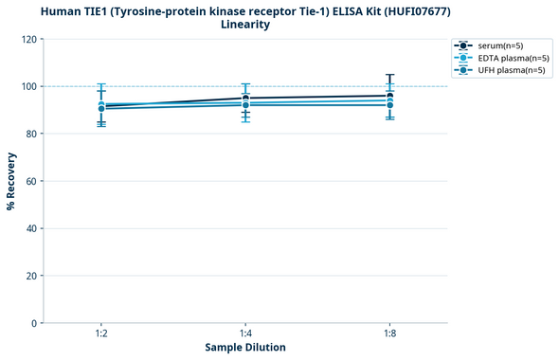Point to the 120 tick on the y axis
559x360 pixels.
tap(29, 39)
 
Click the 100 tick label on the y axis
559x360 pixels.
tap(29, 86)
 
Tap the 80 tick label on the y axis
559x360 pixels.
tap(31, 134)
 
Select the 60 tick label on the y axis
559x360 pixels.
tap(31, 181)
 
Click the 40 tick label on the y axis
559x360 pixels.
tap(31, 228)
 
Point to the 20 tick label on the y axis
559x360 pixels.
tap(31, 276)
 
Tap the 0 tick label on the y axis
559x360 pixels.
tap(34, 323)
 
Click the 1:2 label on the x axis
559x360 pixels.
tap(101, 333)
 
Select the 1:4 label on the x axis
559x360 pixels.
tap(245, 333)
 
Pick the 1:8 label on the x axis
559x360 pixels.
tap(390, 333)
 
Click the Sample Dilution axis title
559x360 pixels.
tap(245, 348)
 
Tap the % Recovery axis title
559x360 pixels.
tap(11, 181)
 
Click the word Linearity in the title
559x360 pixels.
tap(245, 25)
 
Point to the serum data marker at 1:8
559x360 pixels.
tap(390, 96)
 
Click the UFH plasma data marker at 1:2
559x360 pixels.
tap(101, 109)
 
